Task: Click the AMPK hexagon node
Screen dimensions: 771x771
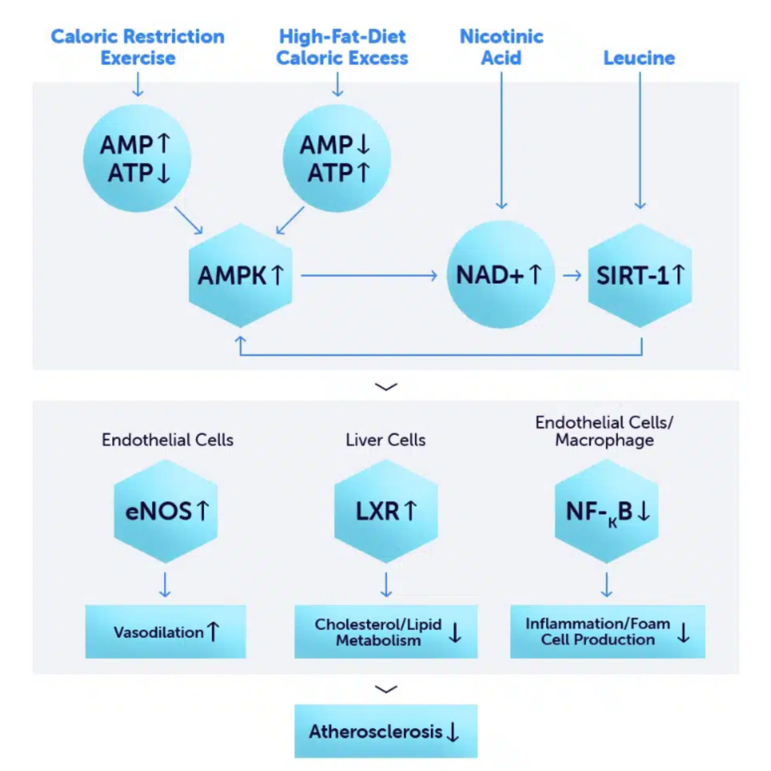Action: pos(241,275)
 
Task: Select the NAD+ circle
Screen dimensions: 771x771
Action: pos(500,275)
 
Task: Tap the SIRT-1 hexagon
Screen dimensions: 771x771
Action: pos(640,275)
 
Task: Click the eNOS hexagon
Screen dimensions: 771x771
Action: pos(166,511)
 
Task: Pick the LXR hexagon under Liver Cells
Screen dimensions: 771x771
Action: pos(386,511)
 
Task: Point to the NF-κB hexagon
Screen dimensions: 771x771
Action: pos(607,511)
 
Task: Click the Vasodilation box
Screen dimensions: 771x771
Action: pos(165,632)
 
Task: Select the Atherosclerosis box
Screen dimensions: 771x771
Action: pos(386,731)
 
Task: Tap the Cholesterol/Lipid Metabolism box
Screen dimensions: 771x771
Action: pos(386,632)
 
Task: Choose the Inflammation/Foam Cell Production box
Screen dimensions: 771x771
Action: pos(607,632)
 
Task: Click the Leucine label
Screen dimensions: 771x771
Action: pos(639,58)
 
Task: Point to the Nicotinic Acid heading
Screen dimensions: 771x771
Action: pos(501,47)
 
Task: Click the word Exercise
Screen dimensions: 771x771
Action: pos(138,58)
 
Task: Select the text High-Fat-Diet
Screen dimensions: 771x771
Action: pos(342,36)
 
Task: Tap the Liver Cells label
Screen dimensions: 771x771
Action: pos(385,440)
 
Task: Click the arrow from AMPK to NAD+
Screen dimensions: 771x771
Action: pos(369,275)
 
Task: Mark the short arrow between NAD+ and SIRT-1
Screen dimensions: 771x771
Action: pos(572,275)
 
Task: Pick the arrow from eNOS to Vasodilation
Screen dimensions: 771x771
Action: pos(165,584)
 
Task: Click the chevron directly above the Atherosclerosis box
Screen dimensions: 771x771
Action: pos(386,689)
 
